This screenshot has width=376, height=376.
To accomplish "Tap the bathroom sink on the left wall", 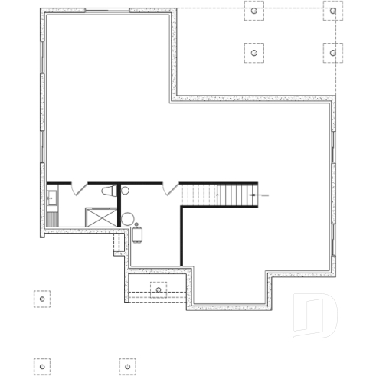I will [52, 200].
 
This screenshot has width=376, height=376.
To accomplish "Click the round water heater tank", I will [127, 219].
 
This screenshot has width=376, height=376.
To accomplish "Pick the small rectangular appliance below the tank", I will [138, 234].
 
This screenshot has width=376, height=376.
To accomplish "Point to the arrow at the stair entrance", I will [263, 195].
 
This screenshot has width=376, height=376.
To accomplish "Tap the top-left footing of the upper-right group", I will [254, 12].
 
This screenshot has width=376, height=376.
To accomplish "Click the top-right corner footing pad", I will [332, 12].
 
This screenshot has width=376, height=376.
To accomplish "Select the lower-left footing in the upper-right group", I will [254, 52].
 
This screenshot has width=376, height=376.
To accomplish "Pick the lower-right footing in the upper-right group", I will [332, 52].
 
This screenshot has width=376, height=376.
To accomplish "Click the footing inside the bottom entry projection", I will [159, 289].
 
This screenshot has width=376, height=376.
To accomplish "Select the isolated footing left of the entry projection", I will [41, 298].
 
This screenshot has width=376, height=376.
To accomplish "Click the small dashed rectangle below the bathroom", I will [119, 244].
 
